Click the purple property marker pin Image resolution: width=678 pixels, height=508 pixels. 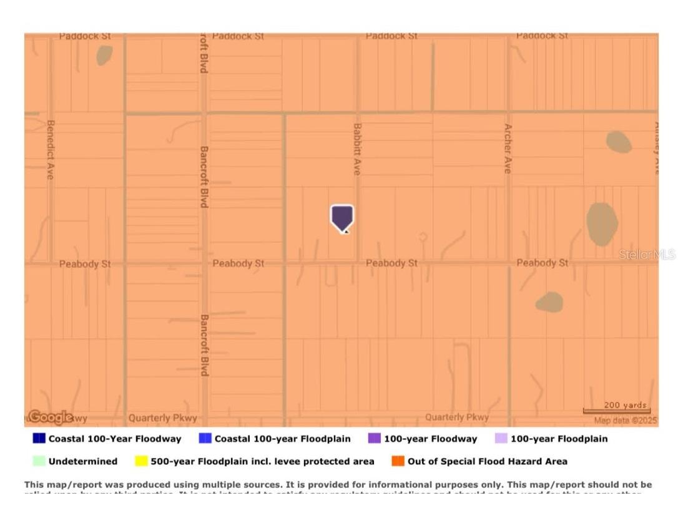pos(341,218)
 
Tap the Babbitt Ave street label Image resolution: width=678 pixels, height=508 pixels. pos(357,149)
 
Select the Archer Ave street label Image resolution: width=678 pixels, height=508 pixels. pos(508,149)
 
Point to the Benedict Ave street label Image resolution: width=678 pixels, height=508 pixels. pos(51,150)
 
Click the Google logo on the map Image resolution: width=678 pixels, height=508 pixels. pos(50,417)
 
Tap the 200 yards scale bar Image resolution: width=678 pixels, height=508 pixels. pos(617,409)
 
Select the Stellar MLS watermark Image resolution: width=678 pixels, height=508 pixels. pos(647,255)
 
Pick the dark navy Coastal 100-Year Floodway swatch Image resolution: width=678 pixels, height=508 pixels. pos(39,438)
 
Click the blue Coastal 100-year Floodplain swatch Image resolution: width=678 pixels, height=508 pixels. pos(205,438)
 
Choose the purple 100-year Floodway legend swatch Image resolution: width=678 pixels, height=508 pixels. pos(374,438)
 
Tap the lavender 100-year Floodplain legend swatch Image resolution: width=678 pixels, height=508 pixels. pos(501,438)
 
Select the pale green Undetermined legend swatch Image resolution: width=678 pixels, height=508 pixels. pos(39,461)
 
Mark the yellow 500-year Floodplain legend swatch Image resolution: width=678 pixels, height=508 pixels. pos(141,461)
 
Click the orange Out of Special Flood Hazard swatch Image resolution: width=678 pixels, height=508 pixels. pos(398,461)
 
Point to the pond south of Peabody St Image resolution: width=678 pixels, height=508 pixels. pos(549,303)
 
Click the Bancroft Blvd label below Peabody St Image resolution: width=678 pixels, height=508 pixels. pos(204,344)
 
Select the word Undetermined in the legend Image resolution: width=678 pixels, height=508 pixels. pos(83,461)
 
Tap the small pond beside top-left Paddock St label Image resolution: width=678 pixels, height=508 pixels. pos(104,55)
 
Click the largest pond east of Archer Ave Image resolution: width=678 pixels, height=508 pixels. pos(602,223)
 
